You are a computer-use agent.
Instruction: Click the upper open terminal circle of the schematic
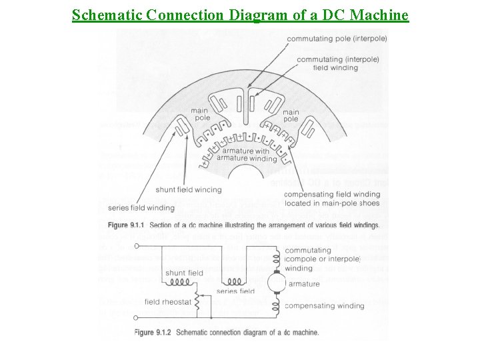pos(137,245)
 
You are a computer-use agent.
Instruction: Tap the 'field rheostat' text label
pos(167,301)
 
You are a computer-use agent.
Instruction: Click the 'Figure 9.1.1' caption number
pos(160,224)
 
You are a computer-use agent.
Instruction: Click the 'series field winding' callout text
pos(137,207)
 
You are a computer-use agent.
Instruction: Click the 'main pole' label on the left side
pos(200,114)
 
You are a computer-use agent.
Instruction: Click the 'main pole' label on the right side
pos(291,115)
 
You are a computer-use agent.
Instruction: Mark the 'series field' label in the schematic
pos(237,291)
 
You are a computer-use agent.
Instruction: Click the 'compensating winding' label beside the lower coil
pos(324,306)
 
